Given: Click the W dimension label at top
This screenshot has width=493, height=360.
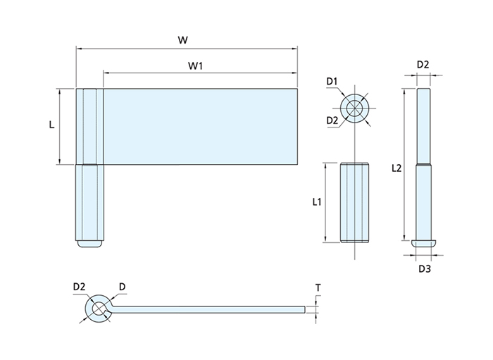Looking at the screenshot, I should [182, 39].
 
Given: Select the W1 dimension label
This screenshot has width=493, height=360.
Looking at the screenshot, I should [196, 66].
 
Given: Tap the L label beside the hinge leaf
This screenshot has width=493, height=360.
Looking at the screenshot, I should [51, 125].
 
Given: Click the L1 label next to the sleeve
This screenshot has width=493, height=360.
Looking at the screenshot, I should [317, 202].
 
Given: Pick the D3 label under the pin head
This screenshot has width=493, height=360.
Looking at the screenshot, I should [424, 268].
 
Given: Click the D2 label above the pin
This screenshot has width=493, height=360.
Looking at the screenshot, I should [423, 65].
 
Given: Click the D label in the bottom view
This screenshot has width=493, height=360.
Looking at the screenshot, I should [123, 287].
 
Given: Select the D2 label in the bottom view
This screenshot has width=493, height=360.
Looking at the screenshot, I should [79, 287].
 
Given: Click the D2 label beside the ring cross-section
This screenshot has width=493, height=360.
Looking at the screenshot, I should [332, 120].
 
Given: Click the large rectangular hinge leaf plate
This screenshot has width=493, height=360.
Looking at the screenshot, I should [201, 127].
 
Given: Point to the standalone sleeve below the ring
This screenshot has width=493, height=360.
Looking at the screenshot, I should [354, 202].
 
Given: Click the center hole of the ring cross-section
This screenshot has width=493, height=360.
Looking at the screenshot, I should [356, 109].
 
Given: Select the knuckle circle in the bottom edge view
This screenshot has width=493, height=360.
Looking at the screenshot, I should [98, 309].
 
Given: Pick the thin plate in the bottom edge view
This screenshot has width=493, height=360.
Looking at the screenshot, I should [211, 309].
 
